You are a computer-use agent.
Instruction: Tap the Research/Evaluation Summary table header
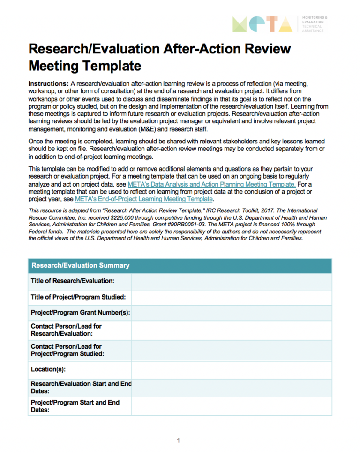coord(80,265)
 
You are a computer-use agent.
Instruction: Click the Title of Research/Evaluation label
coord(73,281)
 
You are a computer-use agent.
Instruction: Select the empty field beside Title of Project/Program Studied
coord(232,297)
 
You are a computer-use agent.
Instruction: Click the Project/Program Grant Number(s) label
coord(80,313)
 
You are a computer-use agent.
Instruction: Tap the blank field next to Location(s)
coord(232,369)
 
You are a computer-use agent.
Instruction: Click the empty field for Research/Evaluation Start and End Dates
coord(232,387)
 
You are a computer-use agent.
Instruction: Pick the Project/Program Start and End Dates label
coord(75,406)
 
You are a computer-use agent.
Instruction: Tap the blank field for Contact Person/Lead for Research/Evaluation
coord(232,330)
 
